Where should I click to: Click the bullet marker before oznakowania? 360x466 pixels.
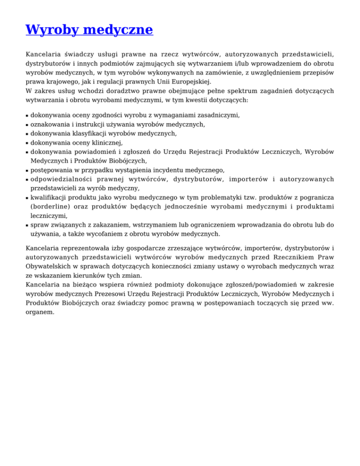click(x=27, y=125)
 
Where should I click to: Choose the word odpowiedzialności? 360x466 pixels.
click(x=61, y=179)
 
